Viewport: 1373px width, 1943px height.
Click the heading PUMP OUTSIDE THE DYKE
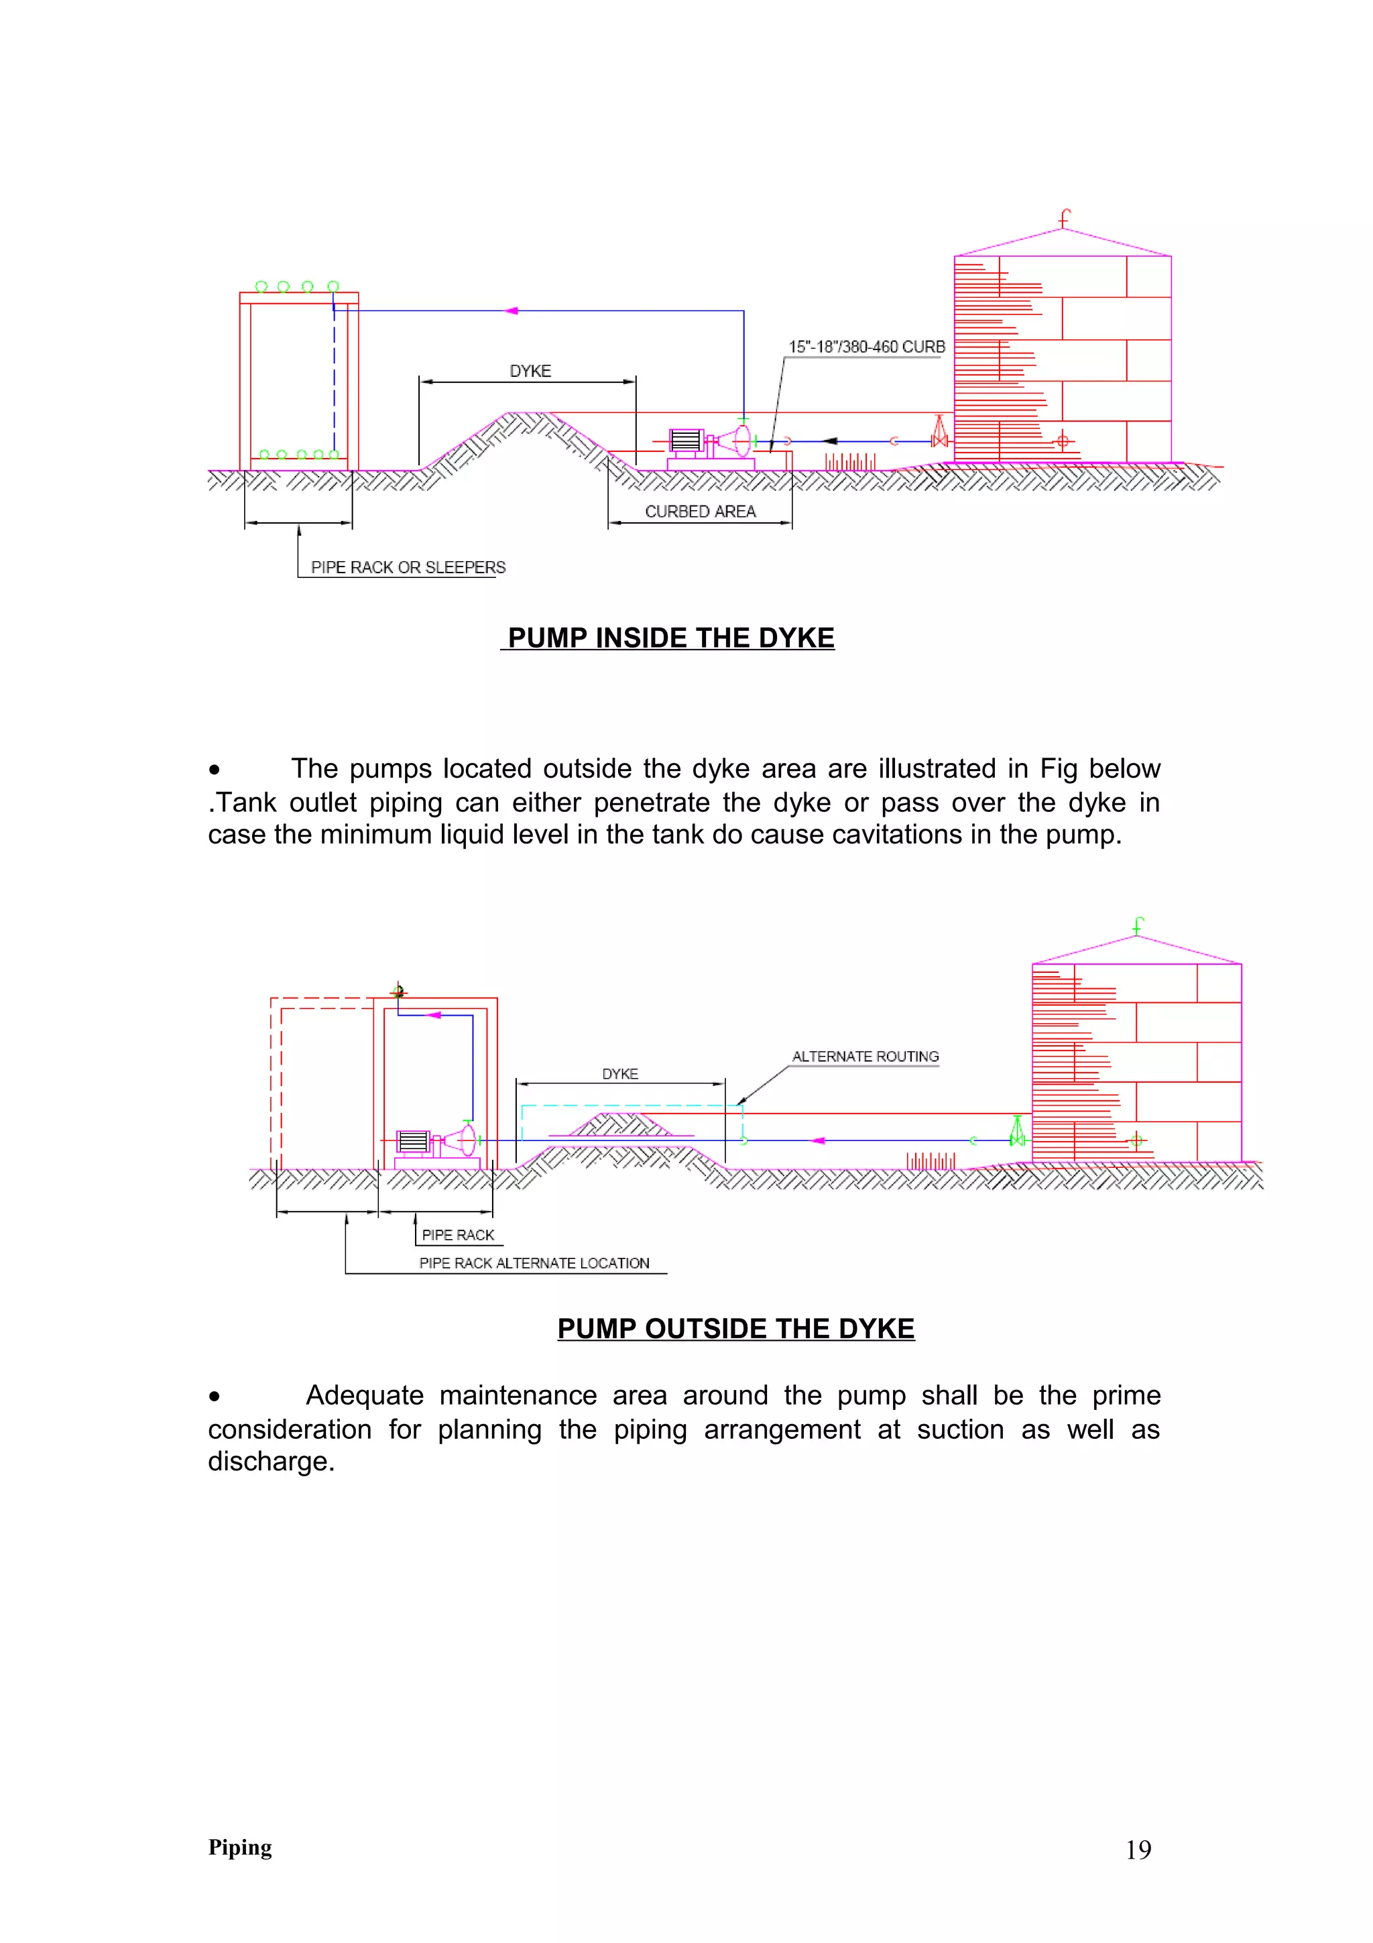(x=736, y=1329)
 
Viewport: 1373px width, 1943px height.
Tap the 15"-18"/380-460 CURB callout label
(x=866, y=347)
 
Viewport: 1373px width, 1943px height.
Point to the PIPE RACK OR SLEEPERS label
(x=408, y=567)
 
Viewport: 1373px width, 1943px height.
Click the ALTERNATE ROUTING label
(x=865, y=1056)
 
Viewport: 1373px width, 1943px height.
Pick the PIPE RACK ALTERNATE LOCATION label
(x=534, y=1262)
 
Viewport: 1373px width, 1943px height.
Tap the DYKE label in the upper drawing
(x=530, y=371)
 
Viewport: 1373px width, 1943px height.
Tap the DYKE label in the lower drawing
(x=620, y=1074)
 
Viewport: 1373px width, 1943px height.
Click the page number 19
(x=1138, y=1850)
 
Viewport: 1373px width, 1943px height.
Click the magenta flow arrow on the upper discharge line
(x=511, y=310)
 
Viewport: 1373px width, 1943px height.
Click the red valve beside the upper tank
(x=938, y=432)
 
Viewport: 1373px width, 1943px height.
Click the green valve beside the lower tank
(x=1017, y=1132)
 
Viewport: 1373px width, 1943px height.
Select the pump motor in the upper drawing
(x=686, y=441)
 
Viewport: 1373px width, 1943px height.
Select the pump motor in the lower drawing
(x=413, y=1142)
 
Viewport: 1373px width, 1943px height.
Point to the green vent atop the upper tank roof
(x=1064, y=219)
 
